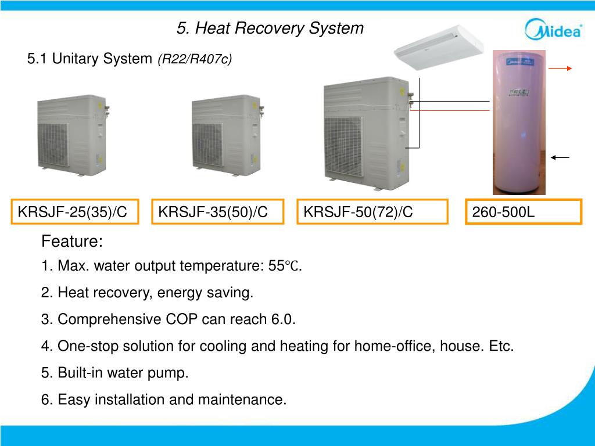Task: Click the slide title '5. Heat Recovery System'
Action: pos(270,28)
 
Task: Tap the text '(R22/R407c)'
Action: pos(195,59)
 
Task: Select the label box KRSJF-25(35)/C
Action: pos(76,212)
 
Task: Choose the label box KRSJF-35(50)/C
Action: pos(217,212)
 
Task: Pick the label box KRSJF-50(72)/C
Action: pos(372,212)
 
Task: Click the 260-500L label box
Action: pos(524,212)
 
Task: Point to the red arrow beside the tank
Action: pos(561,69)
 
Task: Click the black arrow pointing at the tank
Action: pos(561,157)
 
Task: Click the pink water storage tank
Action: pos(519,122)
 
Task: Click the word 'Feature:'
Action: pos(72,241)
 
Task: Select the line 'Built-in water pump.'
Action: pos(115,373)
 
